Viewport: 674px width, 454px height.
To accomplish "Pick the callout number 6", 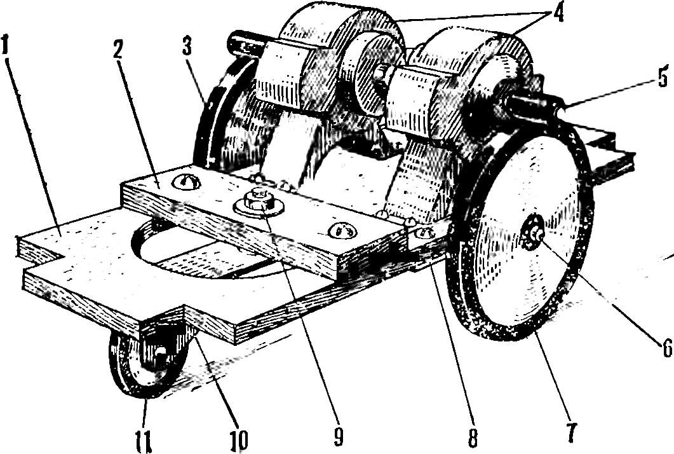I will coord(664,347).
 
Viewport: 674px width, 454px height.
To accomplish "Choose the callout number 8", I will coord(470,435).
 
